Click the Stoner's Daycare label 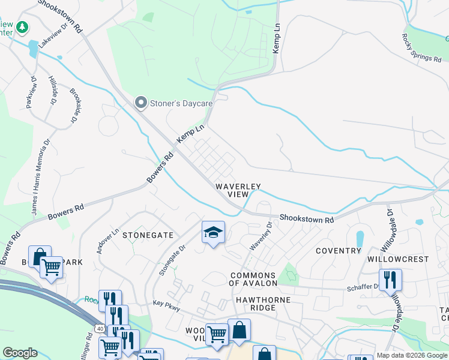pyautogui.click(x=182, y=103)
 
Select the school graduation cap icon pyautogui.click(x=212, y=232)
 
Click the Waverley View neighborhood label pyautogui.click(x=238, y=190)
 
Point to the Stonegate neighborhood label pyautogui.click(x=148, y=236)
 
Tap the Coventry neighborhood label pyautogui.click(x=338, y=251)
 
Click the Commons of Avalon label pyautogui.click(x=254, y=278)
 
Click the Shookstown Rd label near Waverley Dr pyautogui.click(x=306, y=220)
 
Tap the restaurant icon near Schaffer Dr pyautogui.click(x=390, y=279)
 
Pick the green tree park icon pyautogui.click(x=22, y=27)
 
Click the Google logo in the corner pyautogui.click(x=20, y=353)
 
